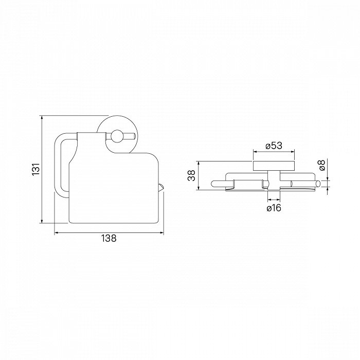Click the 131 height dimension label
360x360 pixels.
click(36, 169)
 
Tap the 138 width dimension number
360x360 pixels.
click(109, 238)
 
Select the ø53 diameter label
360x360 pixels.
click(274, 146)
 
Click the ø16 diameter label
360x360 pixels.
click(274, 208)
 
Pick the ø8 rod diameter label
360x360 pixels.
click(322, 165)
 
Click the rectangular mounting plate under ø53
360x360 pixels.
click(274, 166)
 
